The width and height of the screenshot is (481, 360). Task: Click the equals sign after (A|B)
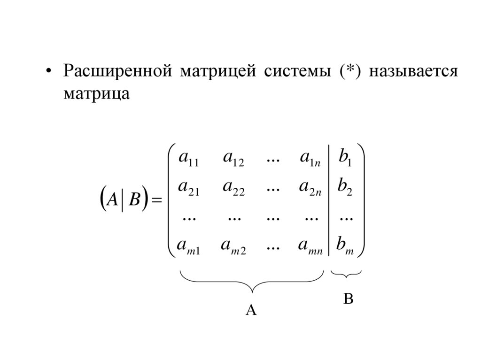156,201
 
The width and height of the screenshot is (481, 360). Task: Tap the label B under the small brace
348,299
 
